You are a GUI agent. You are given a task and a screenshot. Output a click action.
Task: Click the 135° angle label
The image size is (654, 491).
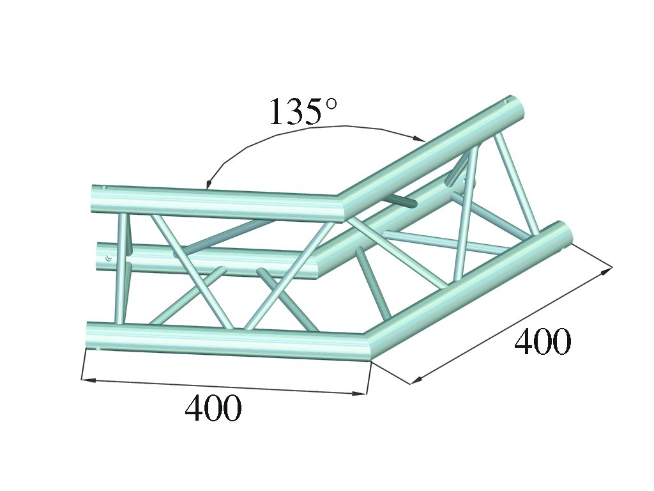(303, 111)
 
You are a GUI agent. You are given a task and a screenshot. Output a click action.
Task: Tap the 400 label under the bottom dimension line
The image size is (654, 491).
(213, 408)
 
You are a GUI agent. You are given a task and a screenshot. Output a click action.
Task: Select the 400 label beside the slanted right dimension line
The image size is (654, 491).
(542, 341)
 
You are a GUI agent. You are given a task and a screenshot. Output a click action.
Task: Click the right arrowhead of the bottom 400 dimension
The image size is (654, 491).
(360, 393)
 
